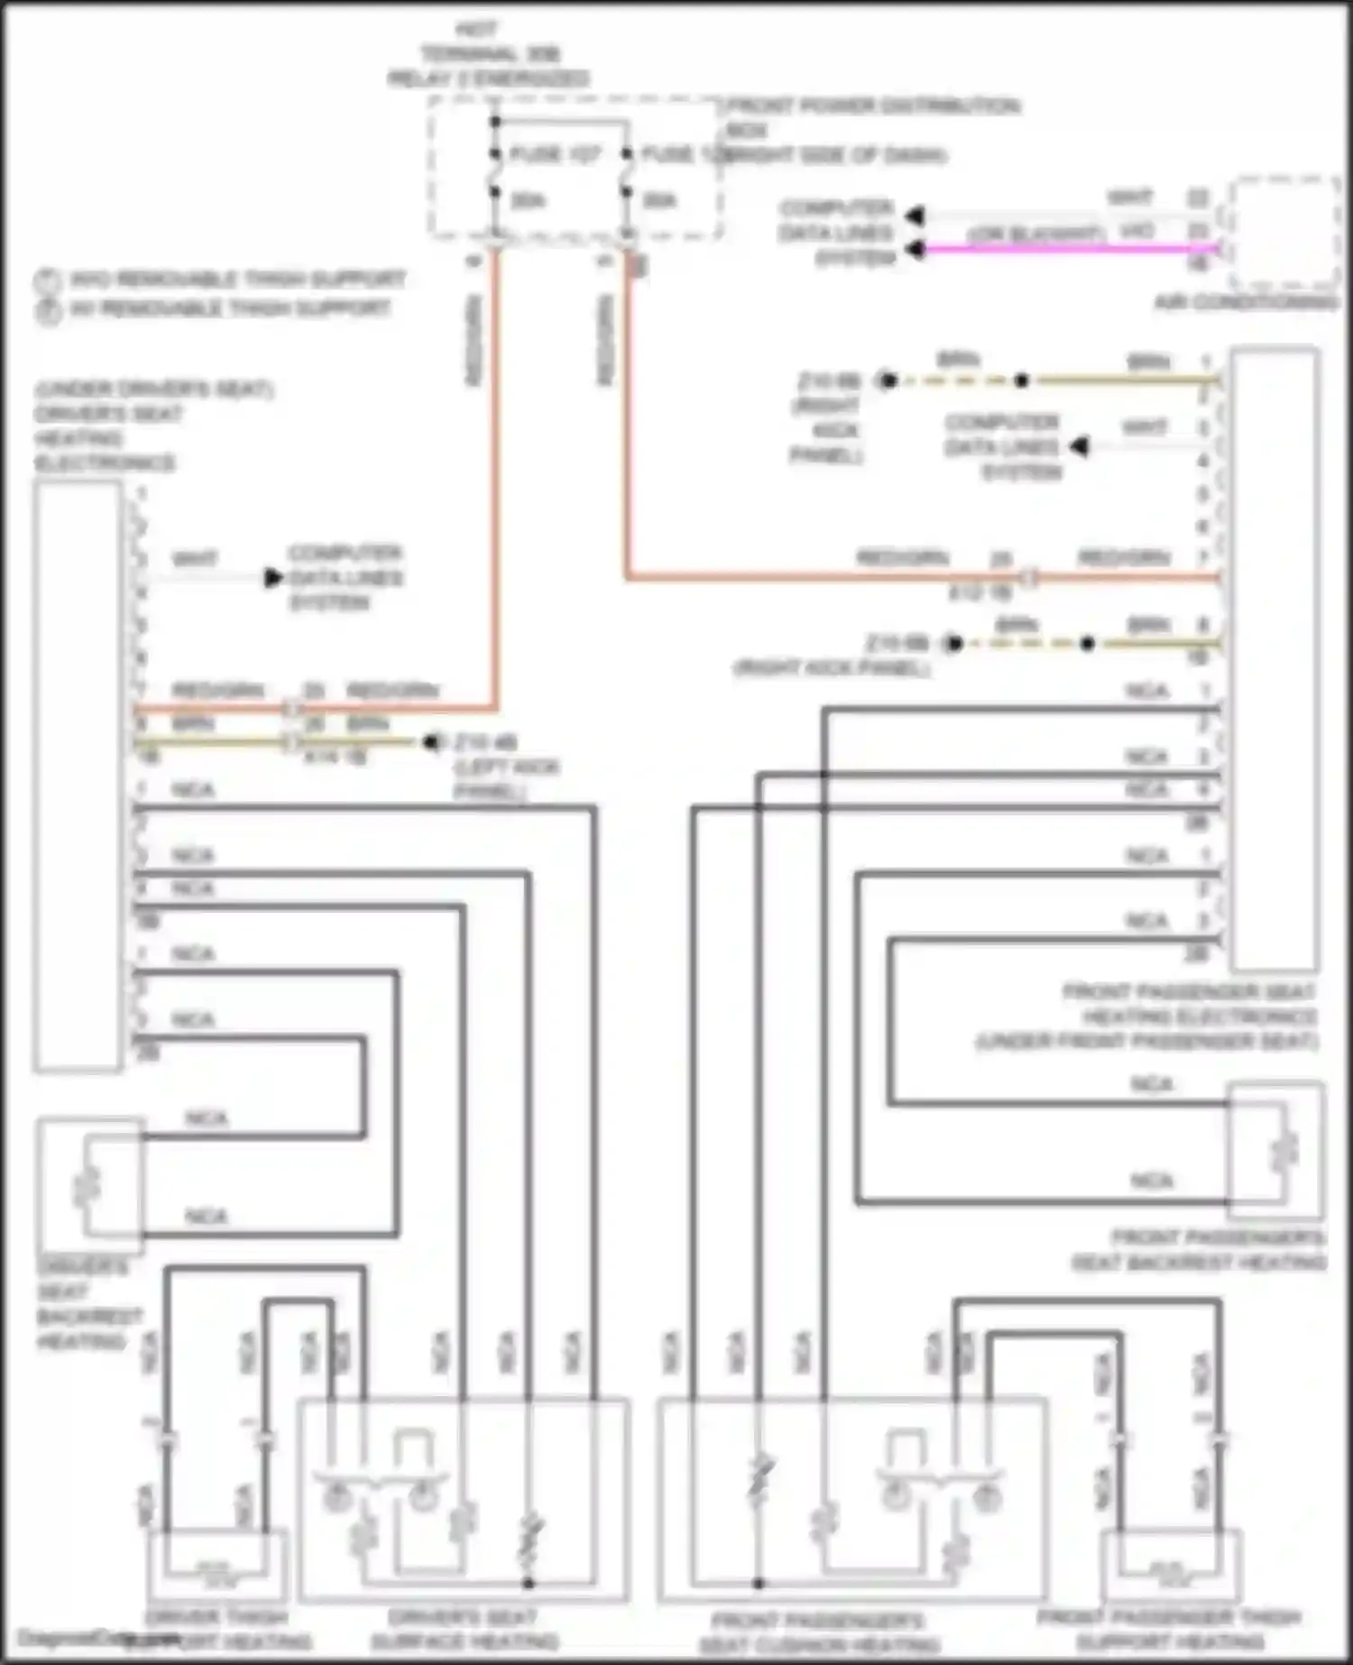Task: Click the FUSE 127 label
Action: tap(554, 154)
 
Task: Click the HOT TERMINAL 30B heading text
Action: tap(488, 54)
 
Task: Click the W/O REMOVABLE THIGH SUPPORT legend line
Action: tap(236, 279)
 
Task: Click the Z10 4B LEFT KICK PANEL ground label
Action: tap(505, 767)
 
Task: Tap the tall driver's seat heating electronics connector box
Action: tap(78, 776)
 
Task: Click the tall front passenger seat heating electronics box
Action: tap(1274, 658)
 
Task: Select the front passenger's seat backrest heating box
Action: tap(1276, 1151)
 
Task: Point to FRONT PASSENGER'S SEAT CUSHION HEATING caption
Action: tap(818, 1633)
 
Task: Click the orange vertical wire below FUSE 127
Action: tap(494, 469)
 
